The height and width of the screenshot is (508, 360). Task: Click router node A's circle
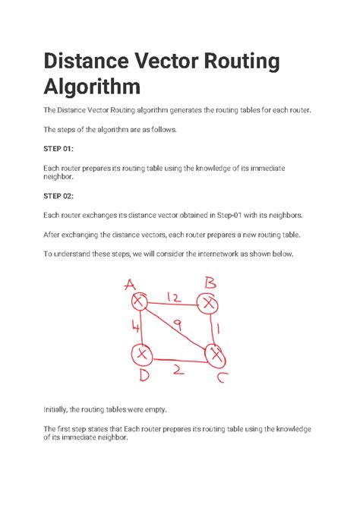tap(139, 302)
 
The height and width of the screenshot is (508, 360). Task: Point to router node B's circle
tap(208, 303)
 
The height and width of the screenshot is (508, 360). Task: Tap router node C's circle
tap(216, 354)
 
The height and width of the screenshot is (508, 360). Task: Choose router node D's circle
tap(141, 354)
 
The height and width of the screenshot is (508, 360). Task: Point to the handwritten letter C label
tap(219, 377)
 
